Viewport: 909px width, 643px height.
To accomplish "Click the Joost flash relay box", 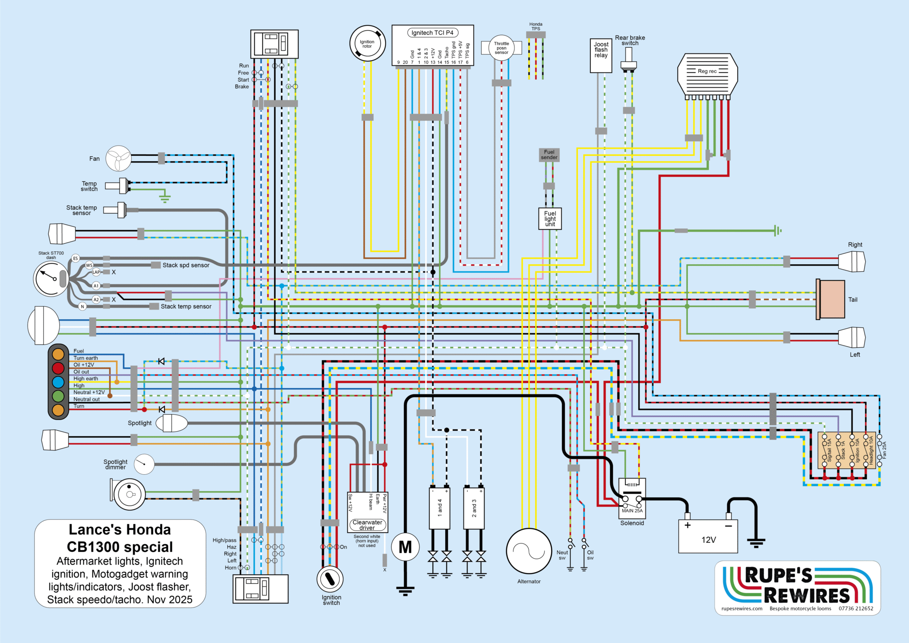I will point(601,56).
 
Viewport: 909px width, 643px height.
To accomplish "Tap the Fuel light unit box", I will point(550,219).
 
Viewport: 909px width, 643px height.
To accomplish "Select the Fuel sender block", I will point(549,155).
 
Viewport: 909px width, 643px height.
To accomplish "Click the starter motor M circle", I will point(405,547).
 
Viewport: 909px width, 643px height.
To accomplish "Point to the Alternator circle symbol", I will point(529,551).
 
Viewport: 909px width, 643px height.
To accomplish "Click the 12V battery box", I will point(708,536).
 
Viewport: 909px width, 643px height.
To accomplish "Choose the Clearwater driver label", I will point(367,525).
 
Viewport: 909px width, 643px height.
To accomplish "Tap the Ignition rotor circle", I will point(367,44).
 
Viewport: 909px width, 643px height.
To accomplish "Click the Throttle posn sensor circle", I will point(502,48).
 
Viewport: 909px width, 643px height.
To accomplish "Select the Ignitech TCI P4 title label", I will point(432,33).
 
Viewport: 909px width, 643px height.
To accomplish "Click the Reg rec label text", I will point(707,71).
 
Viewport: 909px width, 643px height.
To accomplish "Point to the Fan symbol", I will point(119,159).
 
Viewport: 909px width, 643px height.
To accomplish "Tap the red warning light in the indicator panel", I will point(58,368).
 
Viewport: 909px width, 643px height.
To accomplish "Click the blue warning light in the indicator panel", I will point(58,382).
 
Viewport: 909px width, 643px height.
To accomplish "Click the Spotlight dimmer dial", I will point(144,464).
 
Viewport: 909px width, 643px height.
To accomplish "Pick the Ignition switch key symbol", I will point(330,579).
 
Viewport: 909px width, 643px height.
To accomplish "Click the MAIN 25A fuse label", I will point(632,511).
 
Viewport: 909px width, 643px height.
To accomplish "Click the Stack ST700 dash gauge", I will point(51,279).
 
